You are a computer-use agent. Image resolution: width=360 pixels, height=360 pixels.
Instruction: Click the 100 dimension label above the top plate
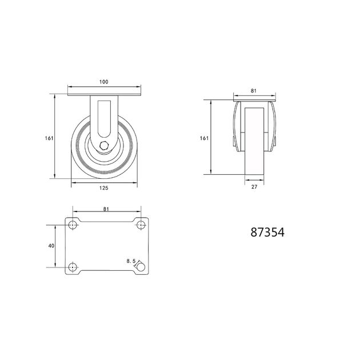[x=103, y=82]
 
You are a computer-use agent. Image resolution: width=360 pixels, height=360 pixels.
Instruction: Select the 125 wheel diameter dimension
[x=103, y=188]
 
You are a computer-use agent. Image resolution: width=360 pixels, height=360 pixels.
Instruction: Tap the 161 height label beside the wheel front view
[x=49, y=138]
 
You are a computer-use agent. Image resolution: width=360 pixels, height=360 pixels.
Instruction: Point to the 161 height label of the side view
[x=204, y=138]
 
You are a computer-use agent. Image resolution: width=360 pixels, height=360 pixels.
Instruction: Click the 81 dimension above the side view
[x=253, y=91]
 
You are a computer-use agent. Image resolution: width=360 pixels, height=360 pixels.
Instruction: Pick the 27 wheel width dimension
[x=254, y=187]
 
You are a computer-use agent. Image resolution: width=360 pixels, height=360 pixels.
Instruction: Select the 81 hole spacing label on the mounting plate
[x=106, y=209]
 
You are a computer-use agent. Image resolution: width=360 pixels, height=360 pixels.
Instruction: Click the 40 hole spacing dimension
[x=51, y=246]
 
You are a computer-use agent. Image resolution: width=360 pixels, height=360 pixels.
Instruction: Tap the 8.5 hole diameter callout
[x=131, y=261]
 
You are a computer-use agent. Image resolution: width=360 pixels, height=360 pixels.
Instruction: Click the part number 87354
[x=267, y=232]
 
